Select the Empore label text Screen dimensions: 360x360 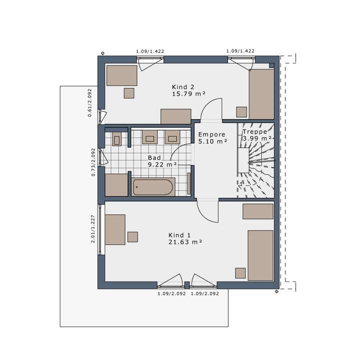[212, 134]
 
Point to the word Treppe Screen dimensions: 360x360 [254, 132]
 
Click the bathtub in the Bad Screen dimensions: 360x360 [153, 187]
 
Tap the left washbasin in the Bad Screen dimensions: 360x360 [149, 136]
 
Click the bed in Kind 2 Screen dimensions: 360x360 [261, 94]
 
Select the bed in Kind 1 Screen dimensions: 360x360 [261, 255]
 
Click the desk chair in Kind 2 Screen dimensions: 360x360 [129, 92]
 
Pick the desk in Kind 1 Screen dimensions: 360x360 [115, 229]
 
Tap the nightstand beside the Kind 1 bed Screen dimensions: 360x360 [240, 273]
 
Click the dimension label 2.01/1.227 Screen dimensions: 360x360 [92, 229]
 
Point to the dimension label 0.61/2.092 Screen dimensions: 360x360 [89, 103]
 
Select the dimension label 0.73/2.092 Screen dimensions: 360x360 [93, 162]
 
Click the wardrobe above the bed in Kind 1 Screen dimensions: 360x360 [257, 211]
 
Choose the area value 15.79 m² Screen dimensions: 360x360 [189, 93]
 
